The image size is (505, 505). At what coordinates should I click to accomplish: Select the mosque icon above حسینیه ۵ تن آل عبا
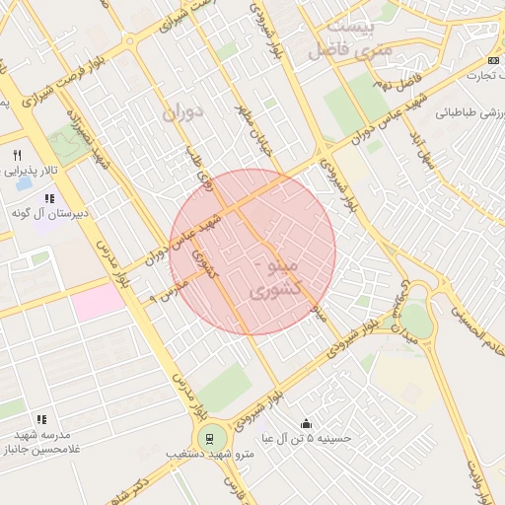[x=308, y=421]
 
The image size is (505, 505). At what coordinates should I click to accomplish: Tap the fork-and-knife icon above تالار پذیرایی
[x=17, y=156]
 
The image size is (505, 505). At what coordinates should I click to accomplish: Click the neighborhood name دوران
[x=180, y=111]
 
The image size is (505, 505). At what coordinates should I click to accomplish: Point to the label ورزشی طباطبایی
[x=464, y=111]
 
